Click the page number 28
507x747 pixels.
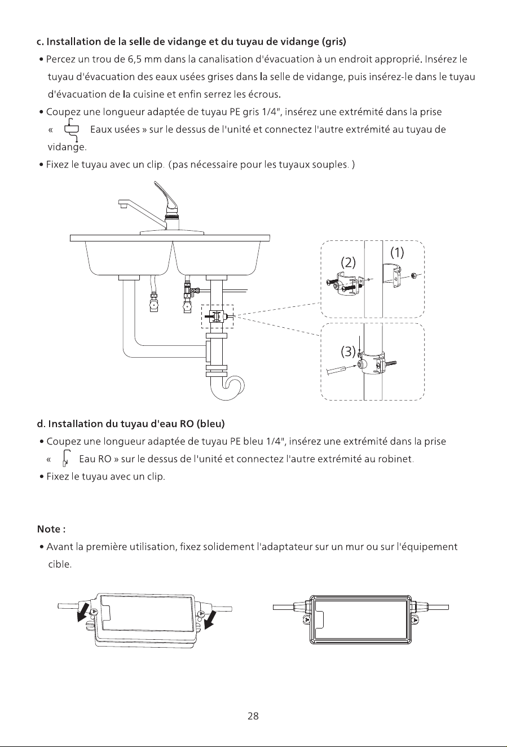tap(253, 716)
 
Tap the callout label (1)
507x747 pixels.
tap(397, 253)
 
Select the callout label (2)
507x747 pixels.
tap(349, 263)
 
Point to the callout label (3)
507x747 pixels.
tap(349, 351)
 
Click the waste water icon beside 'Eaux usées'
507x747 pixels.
tap(71, 130)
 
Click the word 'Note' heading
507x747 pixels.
tap(49, 529)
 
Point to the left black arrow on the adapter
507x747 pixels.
tap(83, 612)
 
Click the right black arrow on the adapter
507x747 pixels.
tap(210, 619)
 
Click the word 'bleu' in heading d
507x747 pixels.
tap(211, 424)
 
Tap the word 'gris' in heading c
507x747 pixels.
tap(334, 42)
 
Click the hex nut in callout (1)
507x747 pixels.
tap(413, 275)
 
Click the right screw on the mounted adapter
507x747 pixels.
tap(415, 619)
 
